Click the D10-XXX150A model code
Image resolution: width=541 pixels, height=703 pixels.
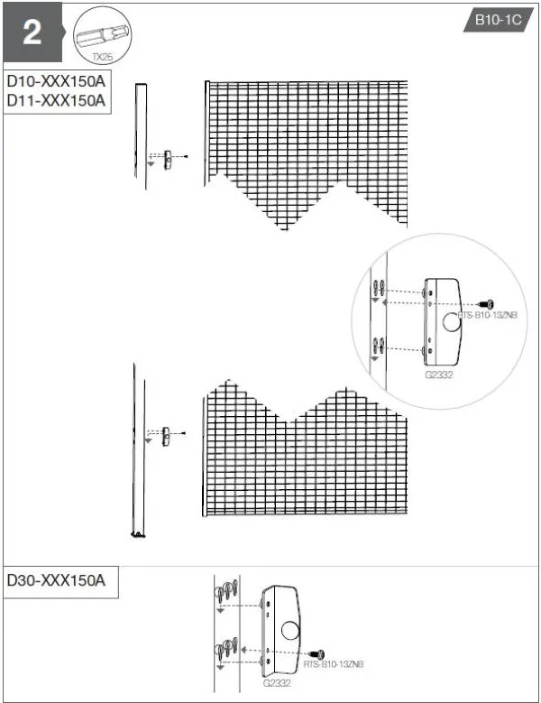click(56, 81)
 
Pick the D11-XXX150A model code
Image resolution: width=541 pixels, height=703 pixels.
click(56, 100)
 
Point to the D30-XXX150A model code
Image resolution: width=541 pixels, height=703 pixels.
click(56, 580)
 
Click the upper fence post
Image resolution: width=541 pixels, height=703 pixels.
click(141, 135)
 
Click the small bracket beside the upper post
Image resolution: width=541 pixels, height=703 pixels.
click(167, 156)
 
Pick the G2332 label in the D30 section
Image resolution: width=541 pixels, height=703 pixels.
click(278, 683)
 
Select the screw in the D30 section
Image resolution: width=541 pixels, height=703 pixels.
click(316, 652)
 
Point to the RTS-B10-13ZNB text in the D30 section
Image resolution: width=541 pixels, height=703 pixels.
click(333, 663)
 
